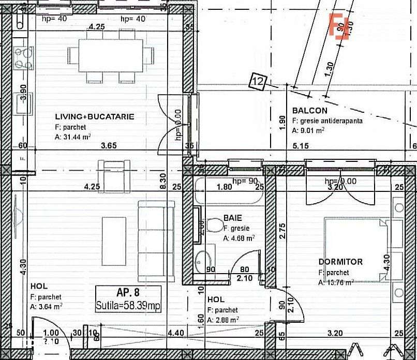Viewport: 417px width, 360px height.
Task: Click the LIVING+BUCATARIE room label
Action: click(95, 117)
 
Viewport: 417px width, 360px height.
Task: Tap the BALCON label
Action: click(310, 111)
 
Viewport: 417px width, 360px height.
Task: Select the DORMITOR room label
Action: click(340, 262)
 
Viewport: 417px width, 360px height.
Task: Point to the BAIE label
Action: click(233, 218)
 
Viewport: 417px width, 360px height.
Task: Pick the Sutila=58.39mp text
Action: click(128, 306)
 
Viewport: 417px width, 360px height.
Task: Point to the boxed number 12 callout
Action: click(258, 81)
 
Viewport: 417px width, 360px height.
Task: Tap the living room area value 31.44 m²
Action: click(73, 137)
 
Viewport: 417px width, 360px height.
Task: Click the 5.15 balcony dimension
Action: click(300, 146)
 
